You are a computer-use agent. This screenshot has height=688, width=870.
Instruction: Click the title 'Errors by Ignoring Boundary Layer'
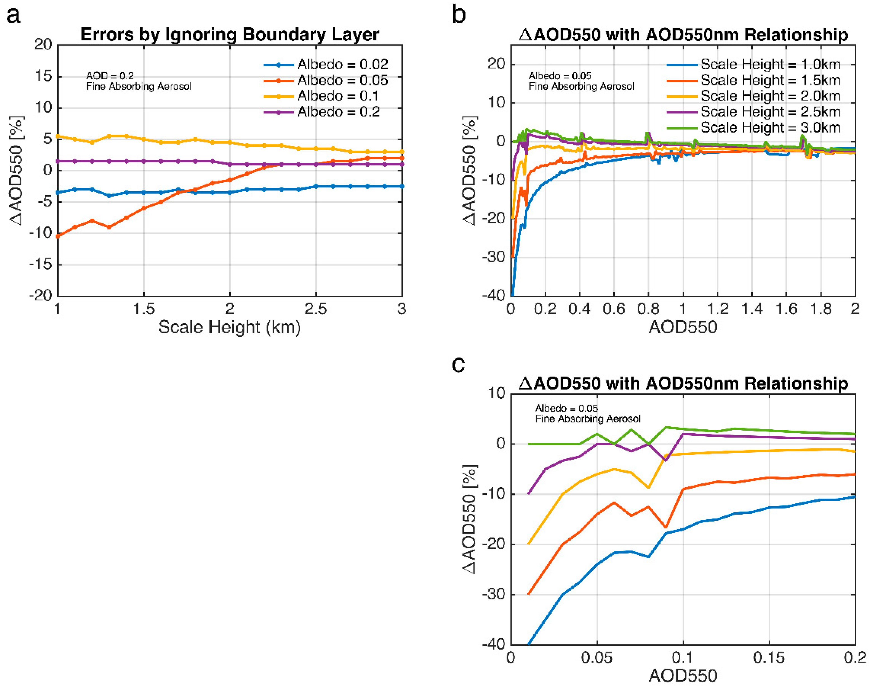(230, 35)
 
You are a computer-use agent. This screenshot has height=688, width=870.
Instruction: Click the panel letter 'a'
(13, 16)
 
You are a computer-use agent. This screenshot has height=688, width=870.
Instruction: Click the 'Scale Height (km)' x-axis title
(229, 327)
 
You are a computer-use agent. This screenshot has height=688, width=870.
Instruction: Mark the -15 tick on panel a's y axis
(41, 265)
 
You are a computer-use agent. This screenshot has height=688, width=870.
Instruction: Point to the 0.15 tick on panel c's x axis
(769, 658)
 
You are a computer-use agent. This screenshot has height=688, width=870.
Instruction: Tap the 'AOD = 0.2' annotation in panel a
(109, 76)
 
